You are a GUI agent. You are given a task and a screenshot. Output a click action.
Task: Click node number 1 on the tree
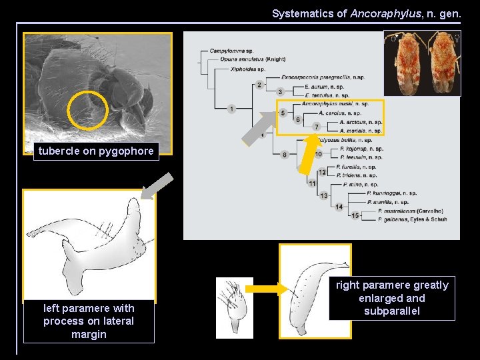coord(231,109)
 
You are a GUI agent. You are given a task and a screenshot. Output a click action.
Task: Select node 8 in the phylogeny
coord(285,155)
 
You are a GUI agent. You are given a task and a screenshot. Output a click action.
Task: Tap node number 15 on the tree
coord(355,215)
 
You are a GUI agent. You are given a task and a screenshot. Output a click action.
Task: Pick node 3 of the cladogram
coord(281,91)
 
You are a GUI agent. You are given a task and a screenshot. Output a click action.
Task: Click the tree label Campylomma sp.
coord(231,51)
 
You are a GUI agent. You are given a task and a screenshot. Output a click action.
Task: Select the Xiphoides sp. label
coord(247,69)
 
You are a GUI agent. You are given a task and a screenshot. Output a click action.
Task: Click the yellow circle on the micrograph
coord(87,110)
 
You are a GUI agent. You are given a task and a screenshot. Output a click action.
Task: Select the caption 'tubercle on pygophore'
coord(96,151)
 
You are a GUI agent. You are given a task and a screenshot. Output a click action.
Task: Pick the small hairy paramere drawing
coord(234,307)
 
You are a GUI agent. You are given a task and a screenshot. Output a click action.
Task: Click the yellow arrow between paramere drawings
coord(267,289)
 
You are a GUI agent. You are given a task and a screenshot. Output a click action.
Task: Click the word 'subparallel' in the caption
coord(392,311)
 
